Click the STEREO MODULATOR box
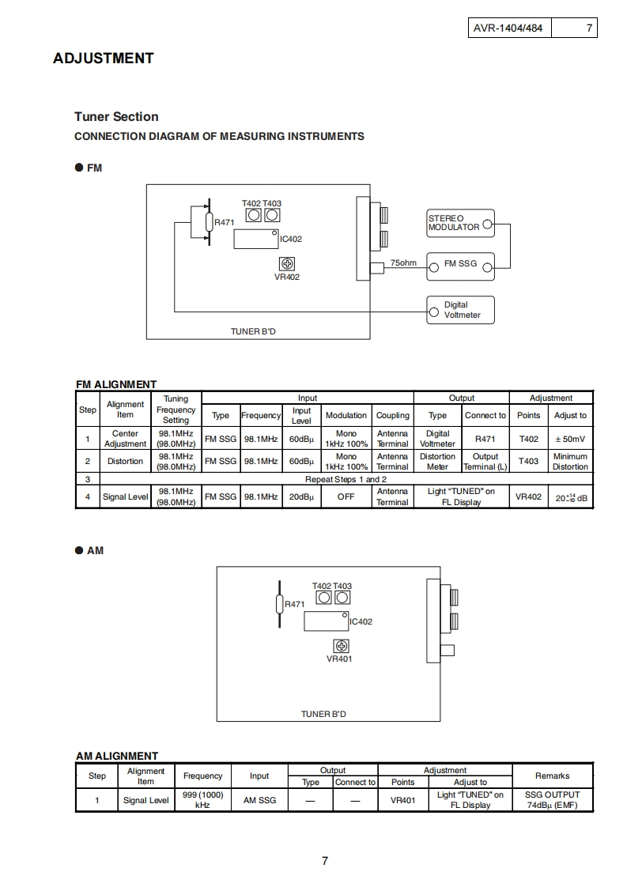(x=460, y=223)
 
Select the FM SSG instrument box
(x=460, y=264)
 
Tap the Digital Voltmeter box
(x=460, y=310)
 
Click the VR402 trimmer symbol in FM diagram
(x=287, y=264)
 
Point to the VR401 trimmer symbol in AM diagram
(x=340, y=646)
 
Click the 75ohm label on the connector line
(x=403, y=263)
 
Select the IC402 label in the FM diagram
(x=291, y=239)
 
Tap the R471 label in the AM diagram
(x=294, y=604)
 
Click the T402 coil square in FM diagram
(x=254, y=216)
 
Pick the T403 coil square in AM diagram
(x=343, y=598)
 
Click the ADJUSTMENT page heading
(x=103, y=58)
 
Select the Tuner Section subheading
(x=116, y=116)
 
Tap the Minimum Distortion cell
(x=570, y=462)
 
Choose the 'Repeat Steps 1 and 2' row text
(x=346, y=479)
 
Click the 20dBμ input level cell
(x=301, y=497)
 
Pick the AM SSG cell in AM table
(x=259, y=800)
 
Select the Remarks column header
(x=552, y=776)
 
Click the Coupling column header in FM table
(x=392, y=415)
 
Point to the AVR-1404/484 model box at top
(x=508, y=28)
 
